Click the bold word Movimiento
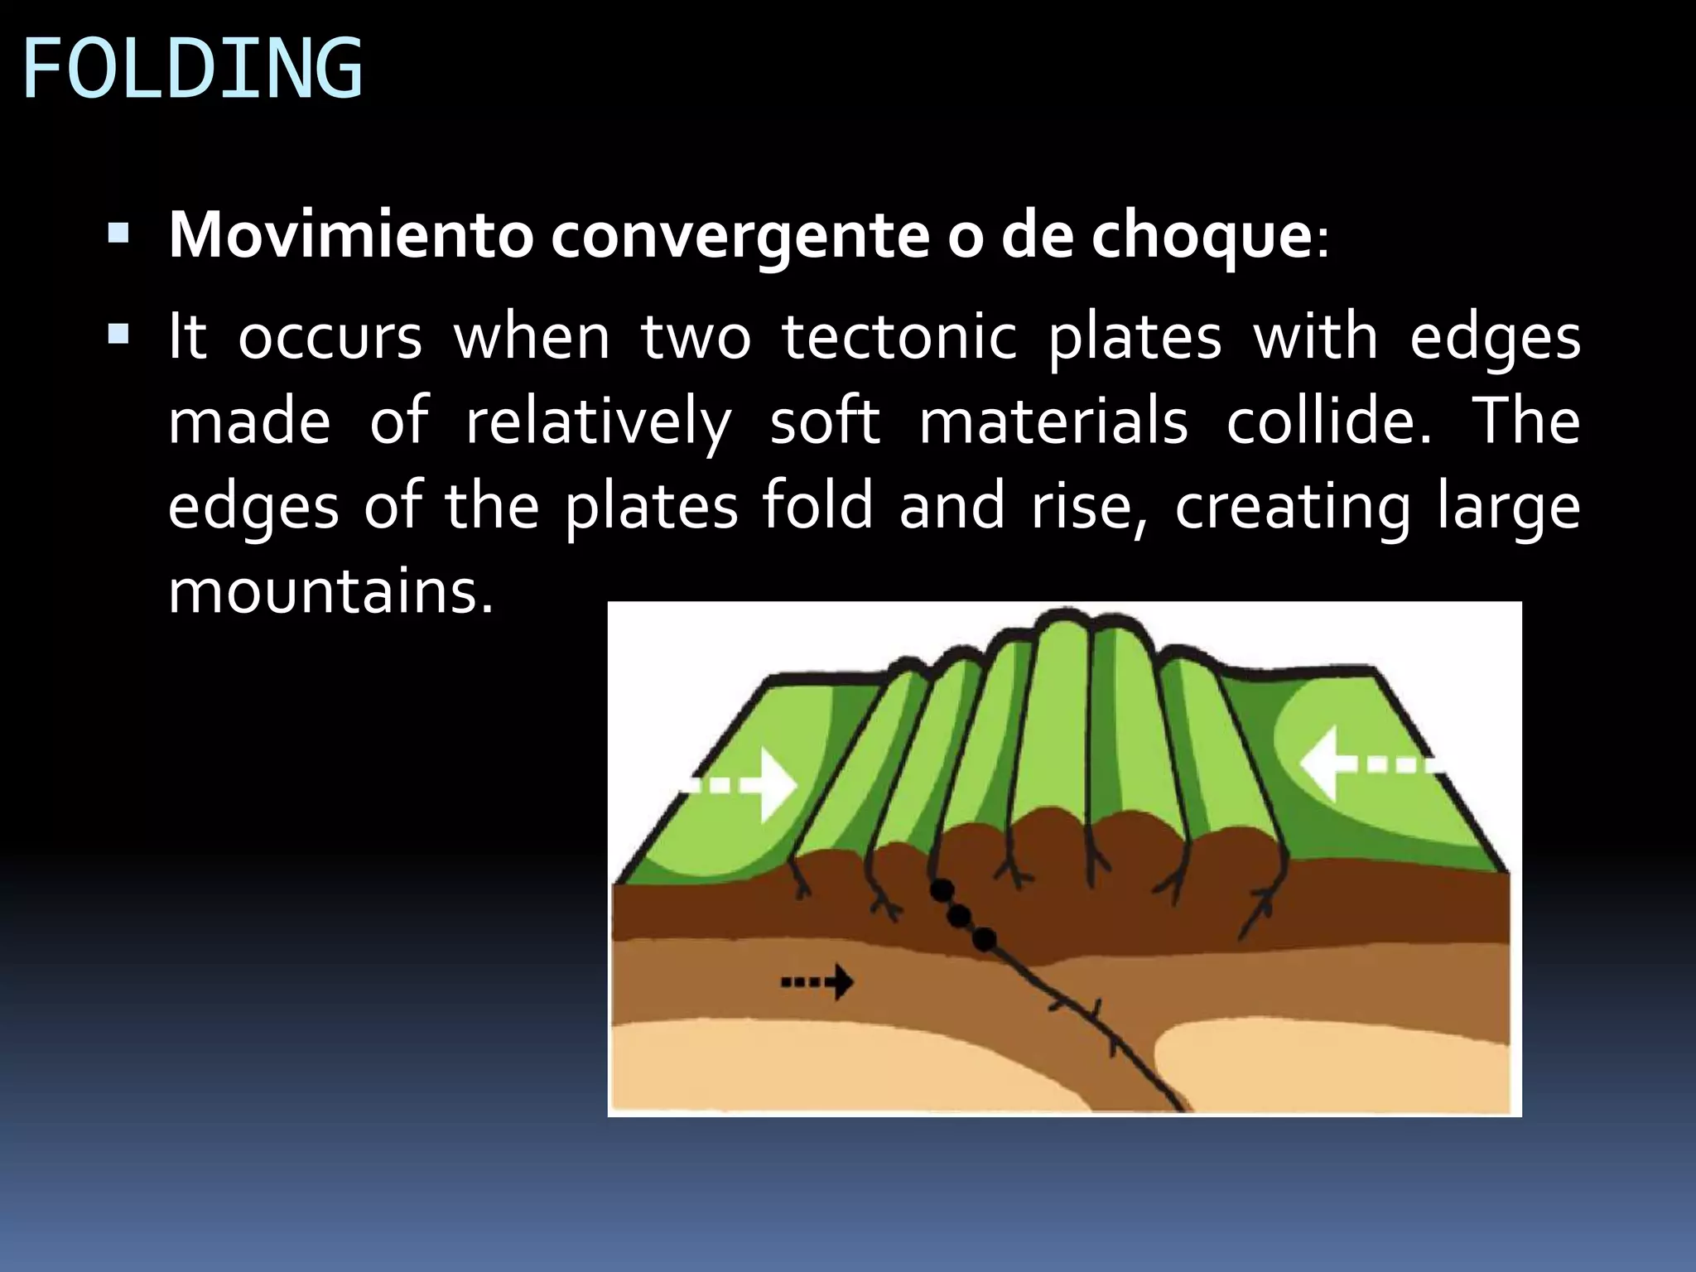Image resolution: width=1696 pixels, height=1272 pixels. click(x=351, y=236)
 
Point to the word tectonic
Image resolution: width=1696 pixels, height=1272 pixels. click(x=899, y=338)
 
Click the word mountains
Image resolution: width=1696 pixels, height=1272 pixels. click(x=330, y=592)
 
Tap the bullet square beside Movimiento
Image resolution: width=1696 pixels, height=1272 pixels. click(x=118, y=234)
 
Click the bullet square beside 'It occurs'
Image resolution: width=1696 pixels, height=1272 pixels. click(x=118, y=335)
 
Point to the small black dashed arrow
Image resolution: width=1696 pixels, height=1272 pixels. click(x=817, y=983)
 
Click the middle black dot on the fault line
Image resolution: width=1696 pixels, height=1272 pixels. click(x=959, y=915)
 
